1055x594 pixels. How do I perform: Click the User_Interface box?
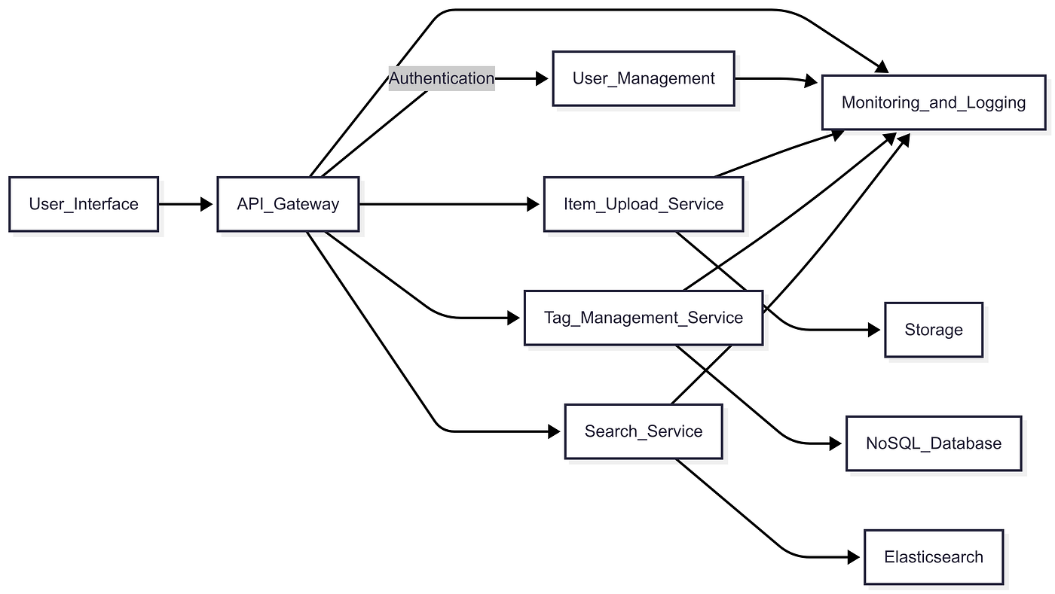point(84,204)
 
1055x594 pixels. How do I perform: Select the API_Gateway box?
point(288,204)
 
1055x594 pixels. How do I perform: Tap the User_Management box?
point(644,78)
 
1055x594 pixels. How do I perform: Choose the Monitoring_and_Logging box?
point(934,102)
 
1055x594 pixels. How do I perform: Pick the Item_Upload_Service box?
point(644,204)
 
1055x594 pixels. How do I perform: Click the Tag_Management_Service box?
point(644,318)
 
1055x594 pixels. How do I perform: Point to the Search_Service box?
point(644,431)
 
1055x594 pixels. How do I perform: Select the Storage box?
point(934,330)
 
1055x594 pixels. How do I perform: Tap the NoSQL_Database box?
point(934,443)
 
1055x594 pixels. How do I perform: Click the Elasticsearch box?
point(934,557)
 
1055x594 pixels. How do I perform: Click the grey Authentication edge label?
point(442,78)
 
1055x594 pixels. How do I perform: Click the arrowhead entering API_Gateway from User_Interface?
point(206,204)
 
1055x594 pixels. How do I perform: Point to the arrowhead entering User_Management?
point(542,78)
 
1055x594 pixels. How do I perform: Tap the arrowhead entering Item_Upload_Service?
point(534,204)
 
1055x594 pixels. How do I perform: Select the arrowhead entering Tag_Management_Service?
point(513,318)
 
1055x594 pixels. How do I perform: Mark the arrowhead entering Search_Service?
point(555,431)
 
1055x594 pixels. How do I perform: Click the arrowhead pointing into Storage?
point(873,330)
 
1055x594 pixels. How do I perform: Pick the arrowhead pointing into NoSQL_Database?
point(836,443)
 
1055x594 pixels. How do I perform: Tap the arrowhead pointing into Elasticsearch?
point(853,557)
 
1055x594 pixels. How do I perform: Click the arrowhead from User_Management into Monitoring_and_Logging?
point(811,81)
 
